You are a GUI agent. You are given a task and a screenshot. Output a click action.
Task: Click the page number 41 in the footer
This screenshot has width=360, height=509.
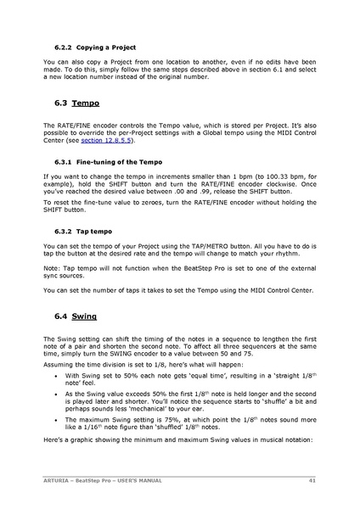click(312, 480)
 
